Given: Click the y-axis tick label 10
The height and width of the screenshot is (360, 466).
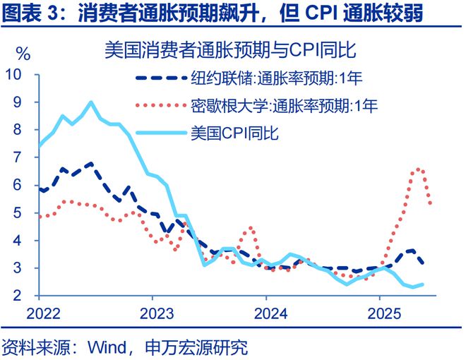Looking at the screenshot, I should pos(15,75).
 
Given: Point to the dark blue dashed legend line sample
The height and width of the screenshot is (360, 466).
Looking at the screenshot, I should pos(160,80).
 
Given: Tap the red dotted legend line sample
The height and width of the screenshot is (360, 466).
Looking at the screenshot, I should pos(160,106).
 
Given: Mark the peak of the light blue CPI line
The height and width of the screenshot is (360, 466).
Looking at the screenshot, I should pos(91,102).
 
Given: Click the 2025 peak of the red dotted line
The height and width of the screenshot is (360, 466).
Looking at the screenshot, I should pos(419,169).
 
